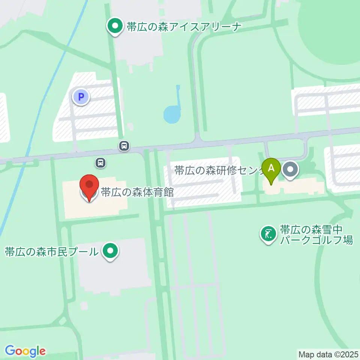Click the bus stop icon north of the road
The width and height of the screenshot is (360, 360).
(x=124, y=145)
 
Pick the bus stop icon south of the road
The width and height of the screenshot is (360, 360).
(x=100, y=163)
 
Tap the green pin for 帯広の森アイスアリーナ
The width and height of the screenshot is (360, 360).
(x=115, y=26)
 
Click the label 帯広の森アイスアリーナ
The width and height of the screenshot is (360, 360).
(x=183, y=27)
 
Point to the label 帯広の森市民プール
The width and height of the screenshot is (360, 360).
(x=51, y=251)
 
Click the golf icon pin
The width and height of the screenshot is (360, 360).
(x=268, y=234)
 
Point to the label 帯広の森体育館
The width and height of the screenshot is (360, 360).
(x=137, y=192)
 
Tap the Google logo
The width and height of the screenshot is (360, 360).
(x=25, y=351)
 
